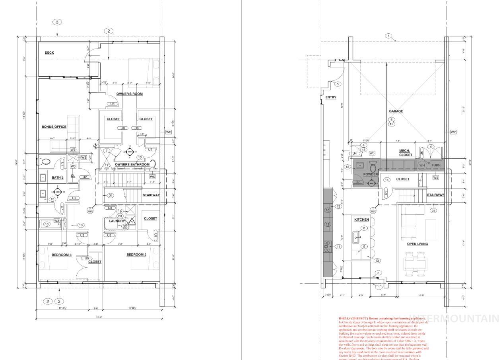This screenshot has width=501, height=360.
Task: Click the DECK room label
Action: click(49, 53)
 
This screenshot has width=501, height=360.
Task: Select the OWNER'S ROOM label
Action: click(129, 94)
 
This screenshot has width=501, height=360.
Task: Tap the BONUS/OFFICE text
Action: click(54, 127)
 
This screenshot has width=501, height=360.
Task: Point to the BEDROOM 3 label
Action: click(62, 255)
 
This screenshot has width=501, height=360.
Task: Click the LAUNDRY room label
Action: click(117, 221)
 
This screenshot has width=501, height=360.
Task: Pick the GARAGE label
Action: click(396, 111)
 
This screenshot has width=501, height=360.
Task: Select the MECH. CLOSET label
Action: click(406, 153)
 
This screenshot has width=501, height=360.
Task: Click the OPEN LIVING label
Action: click(417, 244)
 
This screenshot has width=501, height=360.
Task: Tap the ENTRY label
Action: click(330, 97)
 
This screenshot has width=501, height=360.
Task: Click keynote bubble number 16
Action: click(47, 224)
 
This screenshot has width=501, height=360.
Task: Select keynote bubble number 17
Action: click(107, 165)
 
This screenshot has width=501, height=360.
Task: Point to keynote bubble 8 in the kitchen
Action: click(363, 228)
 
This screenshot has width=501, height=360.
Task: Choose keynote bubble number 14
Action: click(386, 180)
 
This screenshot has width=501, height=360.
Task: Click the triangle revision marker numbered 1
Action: click(132, 222)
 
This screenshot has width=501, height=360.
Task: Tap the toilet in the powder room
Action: click(373, 167)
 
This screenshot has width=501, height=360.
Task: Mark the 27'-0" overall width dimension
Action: click(99, 317)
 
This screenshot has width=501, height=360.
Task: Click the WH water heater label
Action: click(422, 165)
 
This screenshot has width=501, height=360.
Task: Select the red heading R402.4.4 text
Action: click(382, 319)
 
